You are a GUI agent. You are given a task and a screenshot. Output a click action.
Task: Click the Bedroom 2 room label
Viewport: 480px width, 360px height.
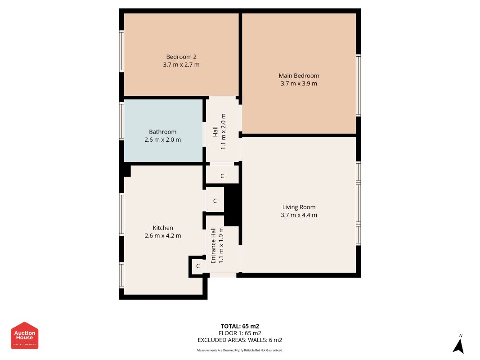pos(181,57)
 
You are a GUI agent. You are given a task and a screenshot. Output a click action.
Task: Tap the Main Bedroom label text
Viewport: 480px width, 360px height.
pos(299,76)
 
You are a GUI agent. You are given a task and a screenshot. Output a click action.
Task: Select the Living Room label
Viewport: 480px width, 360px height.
pos(299,207)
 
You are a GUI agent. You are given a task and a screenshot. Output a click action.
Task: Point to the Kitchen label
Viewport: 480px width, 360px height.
pos(163,228)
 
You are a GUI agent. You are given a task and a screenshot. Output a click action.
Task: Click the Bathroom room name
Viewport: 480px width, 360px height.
pos(162,132)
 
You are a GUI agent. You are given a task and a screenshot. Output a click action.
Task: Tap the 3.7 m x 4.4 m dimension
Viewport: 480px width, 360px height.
pos(299,215)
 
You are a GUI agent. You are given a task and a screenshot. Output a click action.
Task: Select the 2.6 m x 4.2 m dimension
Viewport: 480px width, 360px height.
pos(163,236)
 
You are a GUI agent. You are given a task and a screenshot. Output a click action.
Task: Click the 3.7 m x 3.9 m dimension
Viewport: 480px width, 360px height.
pos(299,84)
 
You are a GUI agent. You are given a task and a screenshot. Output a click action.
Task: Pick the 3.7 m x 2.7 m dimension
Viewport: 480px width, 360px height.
pos(181,65)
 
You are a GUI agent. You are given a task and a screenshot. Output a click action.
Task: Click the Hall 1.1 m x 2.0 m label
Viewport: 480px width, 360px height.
pos(219,132)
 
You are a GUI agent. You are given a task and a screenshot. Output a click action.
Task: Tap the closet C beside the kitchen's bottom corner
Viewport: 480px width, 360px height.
pos(198,266)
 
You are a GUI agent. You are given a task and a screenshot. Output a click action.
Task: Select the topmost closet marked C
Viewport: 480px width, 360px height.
pos(222,176)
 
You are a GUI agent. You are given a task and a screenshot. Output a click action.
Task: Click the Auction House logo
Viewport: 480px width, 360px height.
pos(24,336)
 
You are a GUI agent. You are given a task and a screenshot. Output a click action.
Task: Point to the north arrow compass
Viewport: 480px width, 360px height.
pos(458,344)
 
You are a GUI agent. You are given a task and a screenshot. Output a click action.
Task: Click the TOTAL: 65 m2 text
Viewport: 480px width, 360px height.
pos(240,326)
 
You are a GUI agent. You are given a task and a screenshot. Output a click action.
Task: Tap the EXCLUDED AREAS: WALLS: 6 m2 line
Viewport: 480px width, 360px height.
pos(240,340)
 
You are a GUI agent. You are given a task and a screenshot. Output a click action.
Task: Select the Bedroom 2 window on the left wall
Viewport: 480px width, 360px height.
pos(121,51)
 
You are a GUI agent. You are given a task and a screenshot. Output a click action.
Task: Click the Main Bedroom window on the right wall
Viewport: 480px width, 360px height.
pos(359,85)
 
